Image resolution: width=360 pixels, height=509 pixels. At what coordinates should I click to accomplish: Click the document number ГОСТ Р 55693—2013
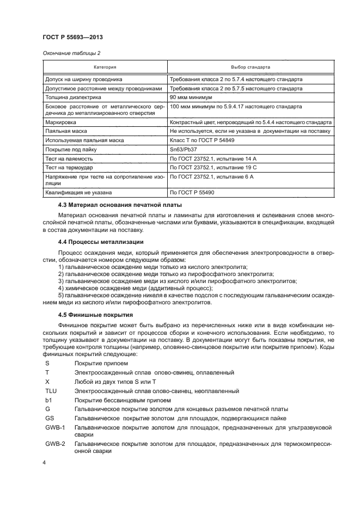72,37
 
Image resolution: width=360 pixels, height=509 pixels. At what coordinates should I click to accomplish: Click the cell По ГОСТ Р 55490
193,192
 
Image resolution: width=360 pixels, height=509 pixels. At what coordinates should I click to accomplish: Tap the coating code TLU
51,390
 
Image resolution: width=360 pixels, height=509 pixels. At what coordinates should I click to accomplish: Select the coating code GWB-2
55,444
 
